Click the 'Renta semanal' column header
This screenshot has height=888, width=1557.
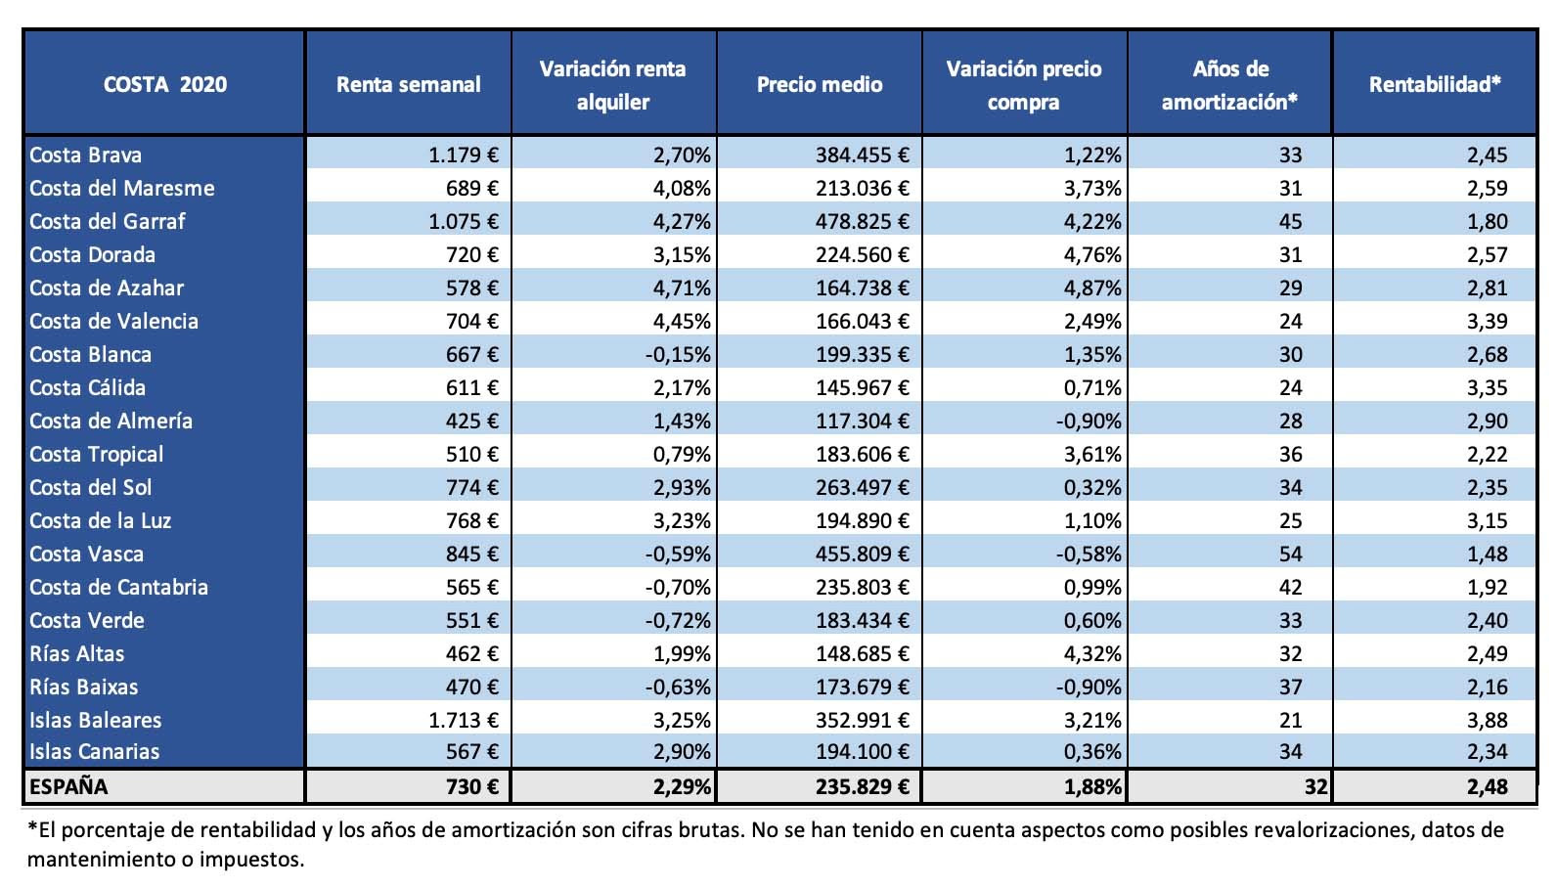pyautogui.click(x=408, y=85)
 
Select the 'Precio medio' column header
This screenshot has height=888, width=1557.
pyautogui.click(x=820, y=85)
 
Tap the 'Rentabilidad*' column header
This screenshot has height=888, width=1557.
pyautogui.click(x=1435, y=85)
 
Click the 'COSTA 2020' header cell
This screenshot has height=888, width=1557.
pyautogui.click(x=164, y=85)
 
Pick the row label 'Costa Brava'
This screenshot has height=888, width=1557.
pyautogui.click(x=85, y=155)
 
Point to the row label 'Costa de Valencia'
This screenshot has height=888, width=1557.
pyautogui.click(x=114, y=321)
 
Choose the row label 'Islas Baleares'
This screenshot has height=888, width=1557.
pyautogui.click(x=95, y=720)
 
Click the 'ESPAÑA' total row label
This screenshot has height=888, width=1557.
pyautogui.click(x=68, y=786)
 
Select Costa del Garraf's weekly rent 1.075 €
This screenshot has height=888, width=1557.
pyautogui.click(x=464, y=221)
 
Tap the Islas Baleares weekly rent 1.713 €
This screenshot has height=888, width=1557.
pyautogui.click(x=464, y=720)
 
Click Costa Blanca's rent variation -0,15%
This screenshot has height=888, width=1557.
pyautogui.click(x=678, y=354)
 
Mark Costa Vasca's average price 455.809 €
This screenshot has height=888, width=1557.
pyautogui.click(x=863, y=554)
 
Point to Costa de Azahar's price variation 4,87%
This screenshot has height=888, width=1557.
pyautogui.click(x=1092, y=288)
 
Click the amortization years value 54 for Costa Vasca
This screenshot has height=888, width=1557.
pyautogui.click(x=1291, y=554)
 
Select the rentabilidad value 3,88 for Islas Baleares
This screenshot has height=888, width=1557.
pyautogui.click(x=1488, y=720)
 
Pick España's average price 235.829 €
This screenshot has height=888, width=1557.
pyautogui.click(x=863, y=786)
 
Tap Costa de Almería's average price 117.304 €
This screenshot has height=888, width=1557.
pyautogui.click(x=863, y=421)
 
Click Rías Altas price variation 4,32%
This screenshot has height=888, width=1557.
pyautogui.click(x=1092, y=653)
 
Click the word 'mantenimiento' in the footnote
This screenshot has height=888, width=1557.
pyautogui.click(x=102, y=860)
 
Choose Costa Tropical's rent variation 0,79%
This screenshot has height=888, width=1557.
pyautogui.click(x=682, y=454)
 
